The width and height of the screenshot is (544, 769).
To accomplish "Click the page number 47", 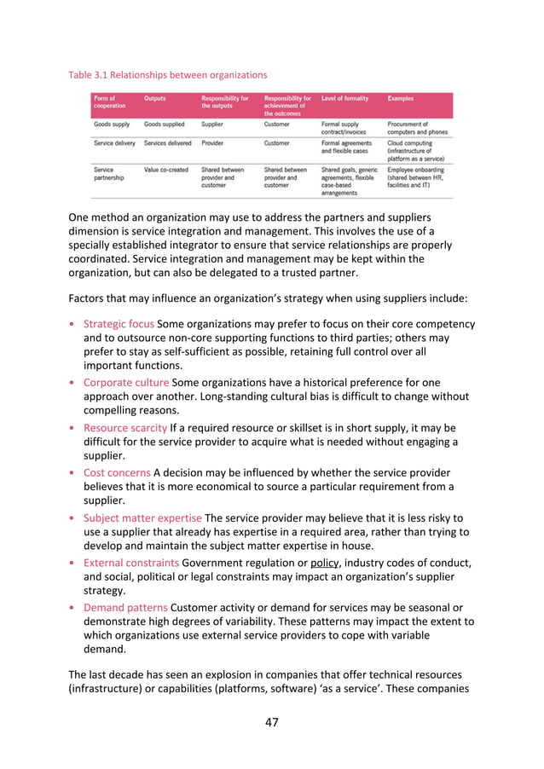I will coord(271,722).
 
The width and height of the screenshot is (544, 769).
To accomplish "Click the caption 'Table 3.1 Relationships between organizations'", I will coord(167,74).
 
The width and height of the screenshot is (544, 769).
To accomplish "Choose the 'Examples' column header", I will coord(400,99).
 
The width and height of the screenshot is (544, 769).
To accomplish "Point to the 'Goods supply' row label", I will coord(111,123).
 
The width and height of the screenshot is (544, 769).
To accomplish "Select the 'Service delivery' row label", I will coord(114,143).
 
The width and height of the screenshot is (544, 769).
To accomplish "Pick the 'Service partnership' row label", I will coord(110,174).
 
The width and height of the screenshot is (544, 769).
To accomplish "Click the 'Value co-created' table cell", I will coord(167,170).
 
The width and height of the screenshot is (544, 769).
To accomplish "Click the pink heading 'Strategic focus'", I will coord(119,324).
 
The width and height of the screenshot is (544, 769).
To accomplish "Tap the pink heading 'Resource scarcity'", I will coord(124,427).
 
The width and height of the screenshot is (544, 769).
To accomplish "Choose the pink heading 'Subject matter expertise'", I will coord(141,517).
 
